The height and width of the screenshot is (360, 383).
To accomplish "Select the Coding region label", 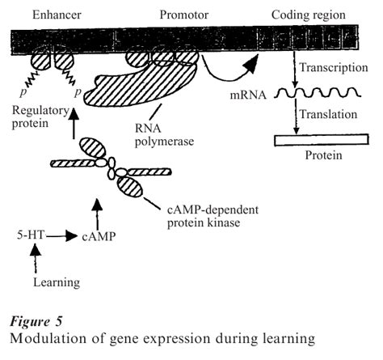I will [x=309, y=15].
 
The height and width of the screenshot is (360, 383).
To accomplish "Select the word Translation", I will [x=327, y=116].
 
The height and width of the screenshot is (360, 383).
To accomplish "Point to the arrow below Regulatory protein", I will [x=74, y=125].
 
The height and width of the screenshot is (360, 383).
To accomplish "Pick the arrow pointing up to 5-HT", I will [x=34, y=258].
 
